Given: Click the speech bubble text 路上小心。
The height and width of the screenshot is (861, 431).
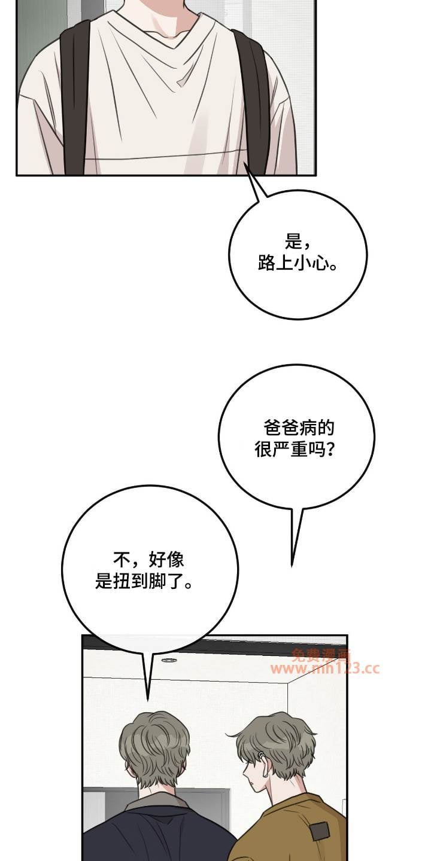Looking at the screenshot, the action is click(x=297, y=264).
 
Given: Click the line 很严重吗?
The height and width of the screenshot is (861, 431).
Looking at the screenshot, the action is click(x=295, y=449).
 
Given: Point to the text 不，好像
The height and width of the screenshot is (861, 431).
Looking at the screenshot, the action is click(x=148, y=560).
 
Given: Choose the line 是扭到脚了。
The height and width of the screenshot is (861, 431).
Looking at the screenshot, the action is click(x=144, y=582).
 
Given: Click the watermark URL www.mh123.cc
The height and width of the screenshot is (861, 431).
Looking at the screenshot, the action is click(x=324, y=669).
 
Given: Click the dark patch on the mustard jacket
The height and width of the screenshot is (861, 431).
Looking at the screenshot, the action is click(x=320, y=831).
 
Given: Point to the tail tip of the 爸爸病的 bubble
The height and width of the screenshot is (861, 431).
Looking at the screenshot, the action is click(x=292, y=566).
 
